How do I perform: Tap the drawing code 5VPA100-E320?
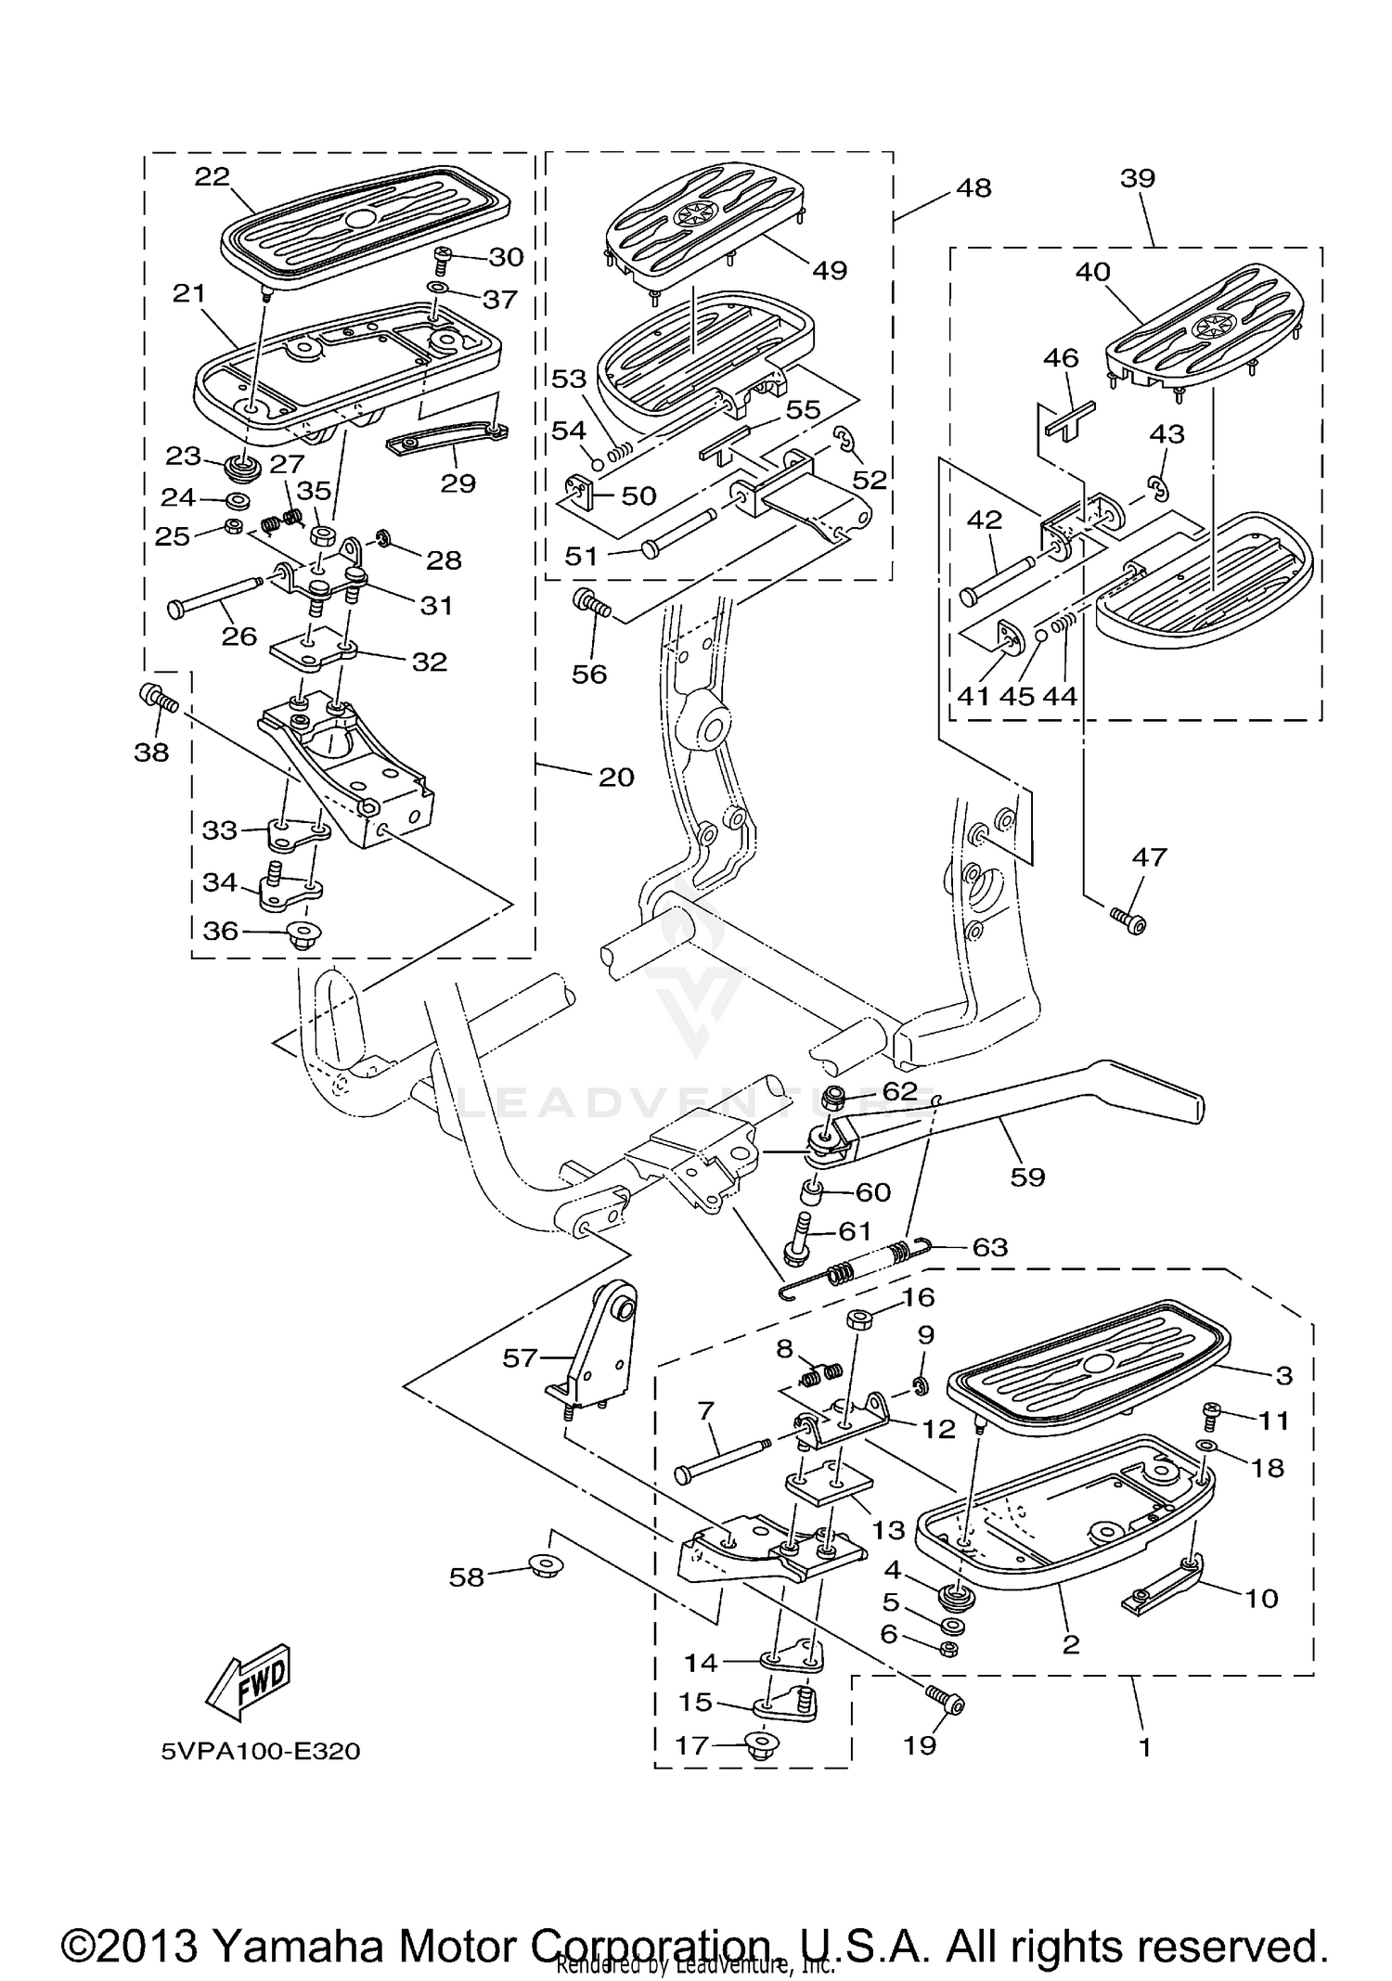(x=260, y=1751)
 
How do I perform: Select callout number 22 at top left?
(x=212, y=176)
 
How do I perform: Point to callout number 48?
(x=973, y=187)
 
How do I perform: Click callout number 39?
(x=1137, y=178)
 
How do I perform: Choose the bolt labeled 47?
(x=1129, y=919)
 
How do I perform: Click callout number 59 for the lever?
(x=1027, y=1177)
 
